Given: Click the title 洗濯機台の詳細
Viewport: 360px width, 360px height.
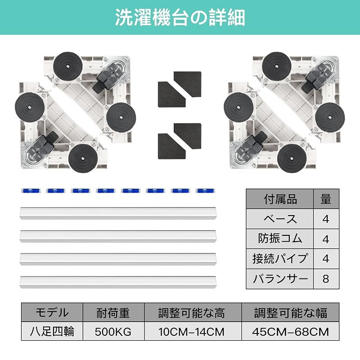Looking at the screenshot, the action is (180, 18).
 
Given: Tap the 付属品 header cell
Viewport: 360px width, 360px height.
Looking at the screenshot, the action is (280, 199).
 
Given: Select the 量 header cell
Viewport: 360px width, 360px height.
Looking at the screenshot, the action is (326, 199).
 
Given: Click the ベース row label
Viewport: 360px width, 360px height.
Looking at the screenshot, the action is (280, 219).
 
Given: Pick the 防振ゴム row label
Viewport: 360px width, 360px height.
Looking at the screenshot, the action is (280, 239).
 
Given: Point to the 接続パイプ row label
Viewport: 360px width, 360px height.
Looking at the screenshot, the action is (280, 259).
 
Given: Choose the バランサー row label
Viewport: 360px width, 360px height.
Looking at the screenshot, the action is (280, 279).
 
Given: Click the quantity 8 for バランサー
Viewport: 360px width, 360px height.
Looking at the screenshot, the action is (326, 279).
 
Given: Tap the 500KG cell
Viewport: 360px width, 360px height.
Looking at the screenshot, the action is (113, 331).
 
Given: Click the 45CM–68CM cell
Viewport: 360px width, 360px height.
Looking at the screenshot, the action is (290, 331).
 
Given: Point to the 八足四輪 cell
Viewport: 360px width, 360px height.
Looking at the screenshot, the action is (52, 331).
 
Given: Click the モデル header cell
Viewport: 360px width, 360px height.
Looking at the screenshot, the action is (52, 312).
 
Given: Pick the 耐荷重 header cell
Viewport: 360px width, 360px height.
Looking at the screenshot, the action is (113, 312).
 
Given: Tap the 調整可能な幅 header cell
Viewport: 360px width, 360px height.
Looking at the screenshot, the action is (290, 312).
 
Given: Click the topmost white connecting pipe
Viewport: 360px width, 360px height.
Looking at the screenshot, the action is (118, 213).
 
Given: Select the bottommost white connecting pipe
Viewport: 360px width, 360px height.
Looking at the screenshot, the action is (118, 282).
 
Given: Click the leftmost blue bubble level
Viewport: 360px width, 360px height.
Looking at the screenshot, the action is (31, 191).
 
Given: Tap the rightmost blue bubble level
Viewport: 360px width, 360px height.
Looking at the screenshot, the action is (205, 191).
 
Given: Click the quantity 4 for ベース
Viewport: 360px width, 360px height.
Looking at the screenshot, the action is (326, 219).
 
